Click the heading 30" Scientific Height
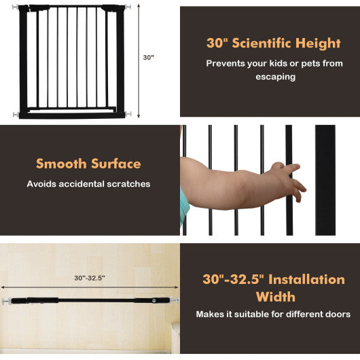click(x=273, y=43)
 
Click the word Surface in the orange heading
click(x=115, y=164)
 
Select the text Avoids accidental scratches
click(x=88, y=183)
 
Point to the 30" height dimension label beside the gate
click(x=149, y=58)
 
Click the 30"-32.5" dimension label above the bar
click(x=90, y=278)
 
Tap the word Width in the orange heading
click(x=275, y=297)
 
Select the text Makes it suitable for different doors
click(x=273, y=314)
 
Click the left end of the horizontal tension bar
click(x=8, y=300)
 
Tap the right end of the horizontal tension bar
click(x=175, y=300)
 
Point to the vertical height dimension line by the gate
click(x=139, y=58)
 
